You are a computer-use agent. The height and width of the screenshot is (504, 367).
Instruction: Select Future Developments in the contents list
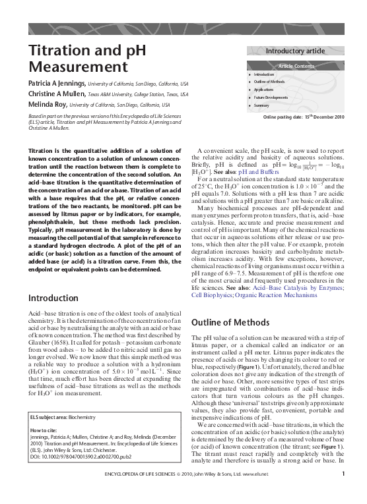coord(271,97)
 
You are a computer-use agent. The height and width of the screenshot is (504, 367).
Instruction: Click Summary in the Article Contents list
coord(262,105)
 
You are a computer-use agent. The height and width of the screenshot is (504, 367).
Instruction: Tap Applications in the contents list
coord(263,89)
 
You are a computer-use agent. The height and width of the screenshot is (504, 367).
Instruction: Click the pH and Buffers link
coord(241,171)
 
